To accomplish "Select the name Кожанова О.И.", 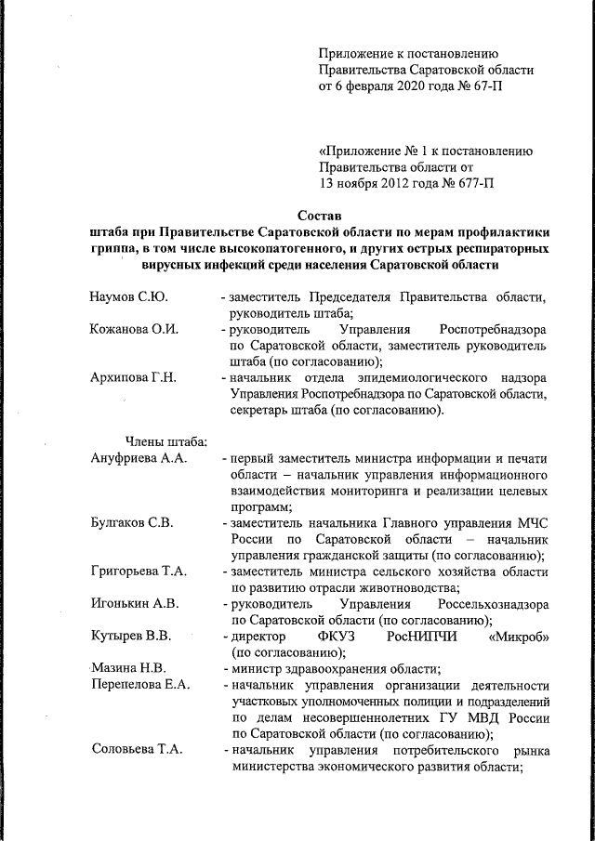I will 134,329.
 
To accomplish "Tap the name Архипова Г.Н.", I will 133,377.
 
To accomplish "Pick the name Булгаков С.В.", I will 132,522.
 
